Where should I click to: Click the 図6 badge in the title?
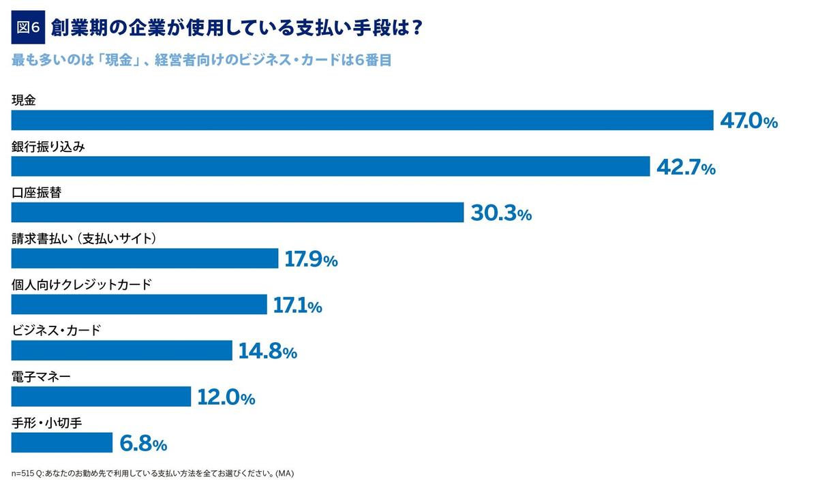tap(28, 28)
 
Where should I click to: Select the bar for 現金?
tap(362, 120)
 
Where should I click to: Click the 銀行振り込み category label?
tap(48, 147)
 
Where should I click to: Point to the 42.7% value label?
tap(686, 168)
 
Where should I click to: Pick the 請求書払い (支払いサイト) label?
tap(85, 239)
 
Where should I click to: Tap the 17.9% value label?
tap(311, 260)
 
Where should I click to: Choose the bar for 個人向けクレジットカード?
tap(139, 305)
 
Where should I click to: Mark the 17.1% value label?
tap(297, 306)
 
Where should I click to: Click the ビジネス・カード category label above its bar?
tap(57, 331)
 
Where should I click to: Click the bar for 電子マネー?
tap(101, 397)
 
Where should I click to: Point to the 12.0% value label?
tap(226, 398)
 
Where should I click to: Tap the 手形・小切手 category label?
tap(47, 423)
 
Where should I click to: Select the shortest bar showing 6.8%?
tap(62, 443)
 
